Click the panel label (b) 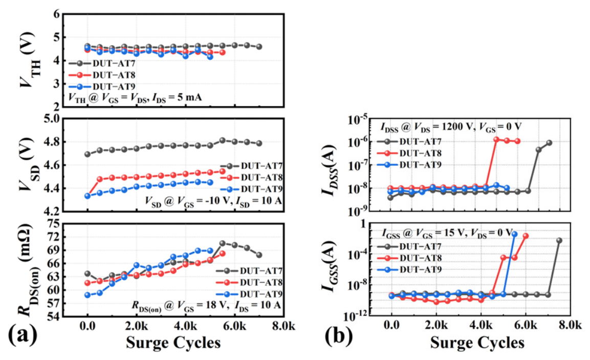[338, 335]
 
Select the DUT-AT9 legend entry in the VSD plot [251, 189]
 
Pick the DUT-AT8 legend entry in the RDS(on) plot [249, 283]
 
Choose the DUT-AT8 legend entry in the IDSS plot [409, 153]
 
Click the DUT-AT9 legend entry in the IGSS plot [409, 270]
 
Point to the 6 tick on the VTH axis [56, 14]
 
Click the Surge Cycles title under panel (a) [173, 343]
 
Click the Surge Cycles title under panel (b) [477, 343]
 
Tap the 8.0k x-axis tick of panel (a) [283, 325]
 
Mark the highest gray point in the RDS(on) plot [223, 243]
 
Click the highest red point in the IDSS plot [496, 139]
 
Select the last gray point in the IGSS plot [559, 240]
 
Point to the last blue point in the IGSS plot [514, 234]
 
